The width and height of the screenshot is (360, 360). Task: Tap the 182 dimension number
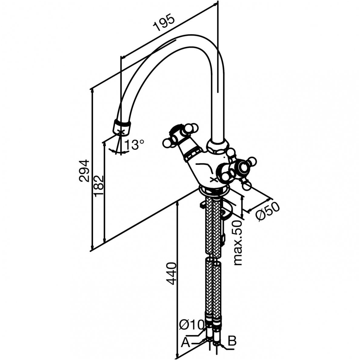click(99, 185)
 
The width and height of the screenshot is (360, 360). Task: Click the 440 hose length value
click(172, 274)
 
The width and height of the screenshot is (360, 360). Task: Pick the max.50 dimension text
click(238, 243)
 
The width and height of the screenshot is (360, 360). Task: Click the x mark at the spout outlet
click(121, 132)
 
